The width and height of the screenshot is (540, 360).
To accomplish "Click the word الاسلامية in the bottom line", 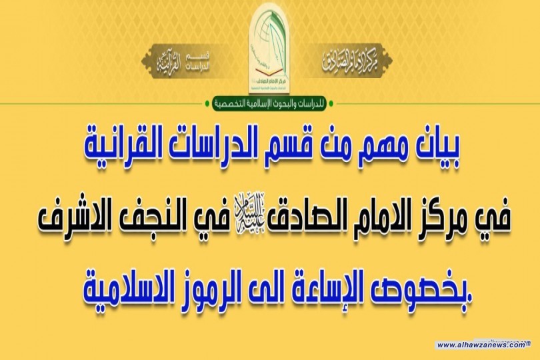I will click(123, 288).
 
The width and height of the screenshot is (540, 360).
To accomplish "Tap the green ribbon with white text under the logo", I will click(269, 104).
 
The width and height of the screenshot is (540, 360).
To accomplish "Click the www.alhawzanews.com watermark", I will click(481, 345).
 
